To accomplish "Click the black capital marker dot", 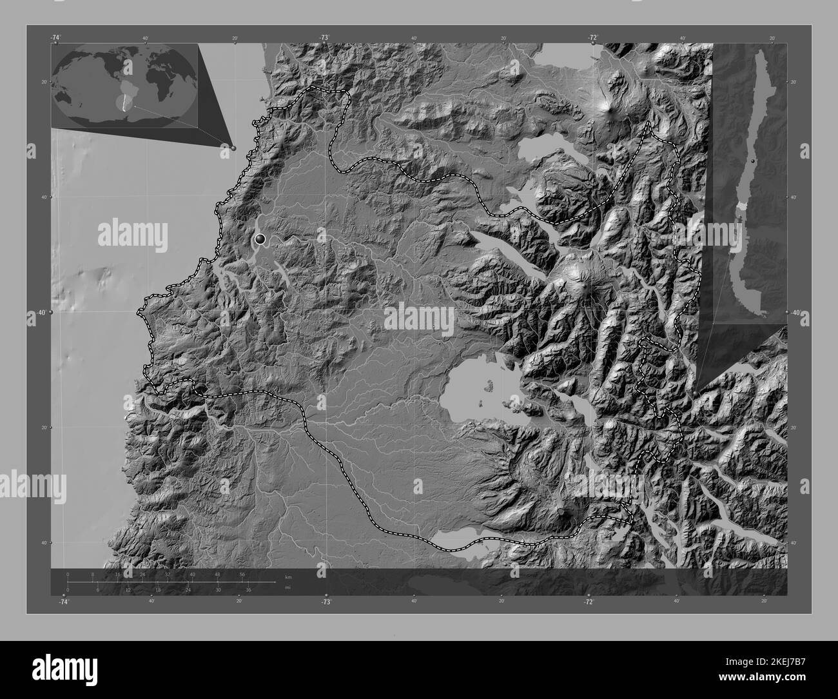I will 260,240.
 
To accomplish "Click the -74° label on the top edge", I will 57,38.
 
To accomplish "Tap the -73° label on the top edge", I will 323,38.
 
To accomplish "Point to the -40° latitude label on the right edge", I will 796,313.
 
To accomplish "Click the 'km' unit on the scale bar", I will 278,576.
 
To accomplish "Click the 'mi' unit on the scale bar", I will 278,587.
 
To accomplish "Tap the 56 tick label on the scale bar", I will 242,574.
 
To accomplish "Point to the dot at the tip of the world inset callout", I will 233,148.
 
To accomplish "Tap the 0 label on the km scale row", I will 68,574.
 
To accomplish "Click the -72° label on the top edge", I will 592,38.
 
